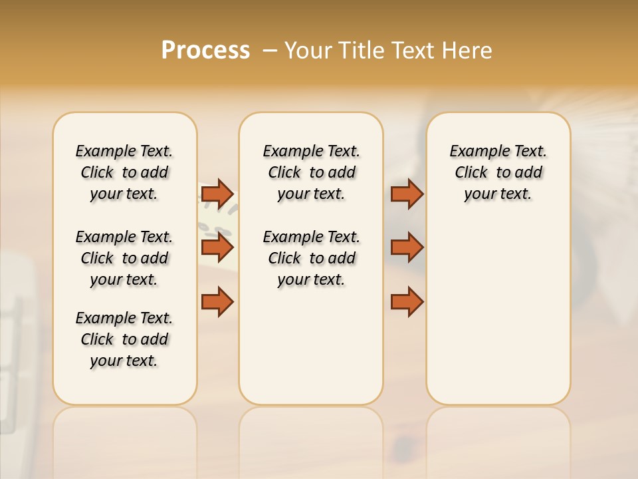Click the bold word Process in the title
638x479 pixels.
click(205, 51)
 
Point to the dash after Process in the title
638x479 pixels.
click(269, 51)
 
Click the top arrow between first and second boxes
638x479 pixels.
click(217, 194)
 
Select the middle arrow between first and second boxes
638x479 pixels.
click(217, 247)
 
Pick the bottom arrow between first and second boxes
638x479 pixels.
click(217, 301)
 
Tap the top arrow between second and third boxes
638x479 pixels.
click(407, 194)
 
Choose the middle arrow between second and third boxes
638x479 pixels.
click(407, 247)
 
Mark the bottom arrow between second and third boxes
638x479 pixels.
click(407, 301)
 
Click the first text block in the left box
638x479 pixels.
click(124, 172)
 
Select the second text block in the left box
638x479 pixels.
click(124, 258)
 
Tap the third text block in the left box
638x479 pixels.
click(124, 339)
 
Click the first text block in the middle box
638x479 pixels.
click(311, 172)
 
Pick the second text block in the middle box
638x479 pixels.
click(311, 258)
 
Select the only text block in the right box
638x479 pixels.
click(498, 172)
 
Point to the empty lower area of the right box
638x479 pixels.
click(498, 319)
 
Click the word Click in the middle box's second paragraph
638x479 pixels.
click(284, 258)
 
